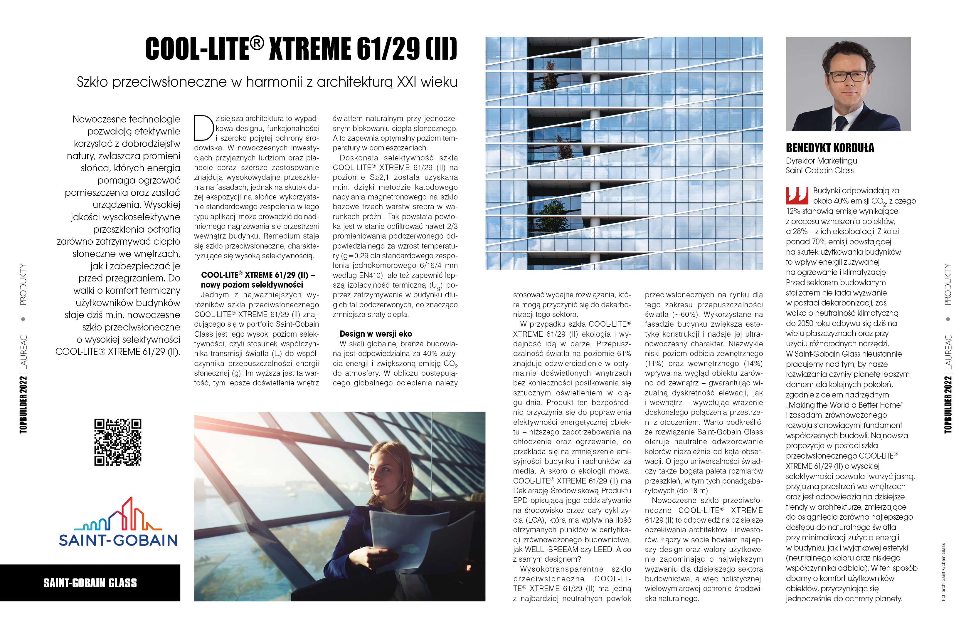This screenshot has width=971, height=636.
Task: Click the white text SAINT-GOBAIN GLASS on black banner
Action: (x=90, y=583)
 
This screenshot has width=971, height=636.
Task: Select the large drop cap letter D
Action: (x=203, y=127)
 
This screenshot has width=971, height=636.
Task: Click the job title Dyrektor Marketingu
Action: (x=821, y=161)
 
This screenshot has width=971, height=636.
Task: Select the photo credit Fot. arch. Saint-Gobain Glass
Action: (x=943, y=571)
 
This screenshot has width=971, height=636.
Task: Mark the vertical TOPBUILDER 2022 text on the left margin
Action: (x=23, y=405)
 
